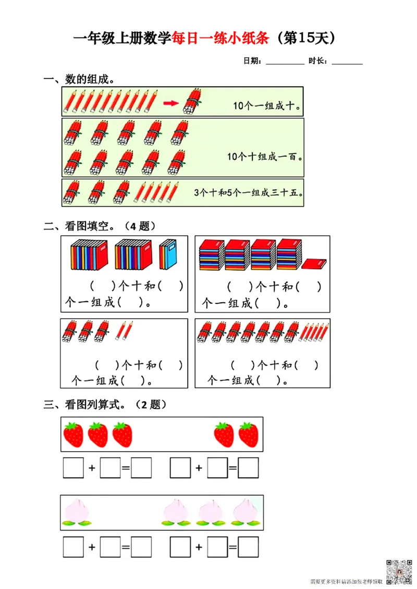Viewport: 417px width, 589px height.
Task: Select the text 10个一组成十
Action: click(x=266, y=106)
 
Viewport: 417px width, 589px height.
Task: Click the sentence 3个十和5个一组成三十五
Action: click(x=249, y=193)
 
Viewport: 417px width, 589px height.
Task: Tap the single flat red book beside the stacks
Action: click(x=314, y=265)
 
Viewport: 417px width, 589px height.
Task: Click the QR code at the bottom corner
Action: click(x=396, y=570)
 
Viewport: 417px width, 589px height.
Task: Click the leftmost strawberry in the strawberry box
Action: click(x=73, y=434)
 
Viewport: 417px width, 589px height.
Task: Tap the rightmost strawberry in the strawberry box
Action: click(x=249, y=434)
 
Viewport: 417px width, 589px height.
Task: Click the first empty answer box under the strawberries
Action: click(x=73, y=468)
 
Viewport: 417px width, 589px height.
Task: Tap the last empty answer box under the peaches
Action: click(x=248, y=546)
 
